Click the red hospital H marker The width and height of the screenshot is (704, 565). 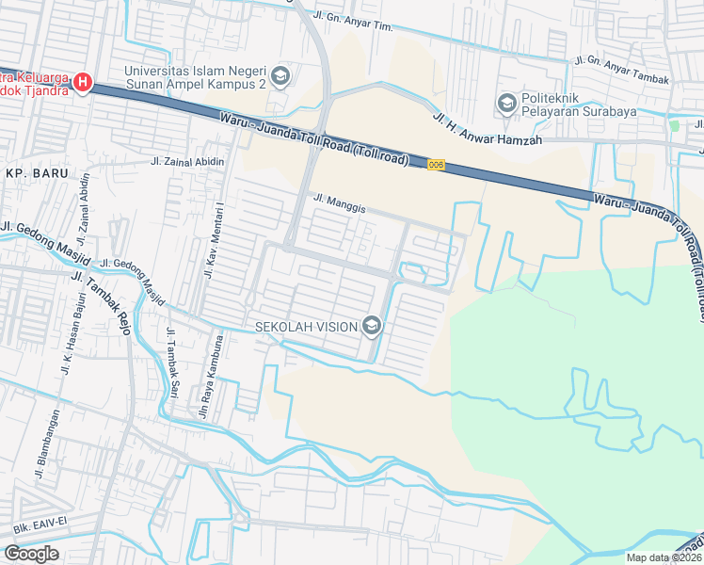[x=82, y=84]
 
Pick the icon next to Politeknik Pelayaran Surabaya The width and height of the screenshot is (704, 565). [x=507, y=102]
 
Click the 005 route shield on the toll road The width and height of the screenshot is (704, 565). [x=435, y=166]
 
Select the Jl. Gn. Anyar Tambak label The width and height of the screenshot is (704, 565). [x=622, y=71]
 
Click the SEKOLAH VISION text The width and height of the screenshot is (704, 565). [x=306, y=327]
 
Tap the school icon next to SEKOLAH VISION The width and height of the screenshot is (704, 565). [x=372, y=327]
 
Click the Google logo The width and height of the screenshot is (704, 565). [x=31, y=554]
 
